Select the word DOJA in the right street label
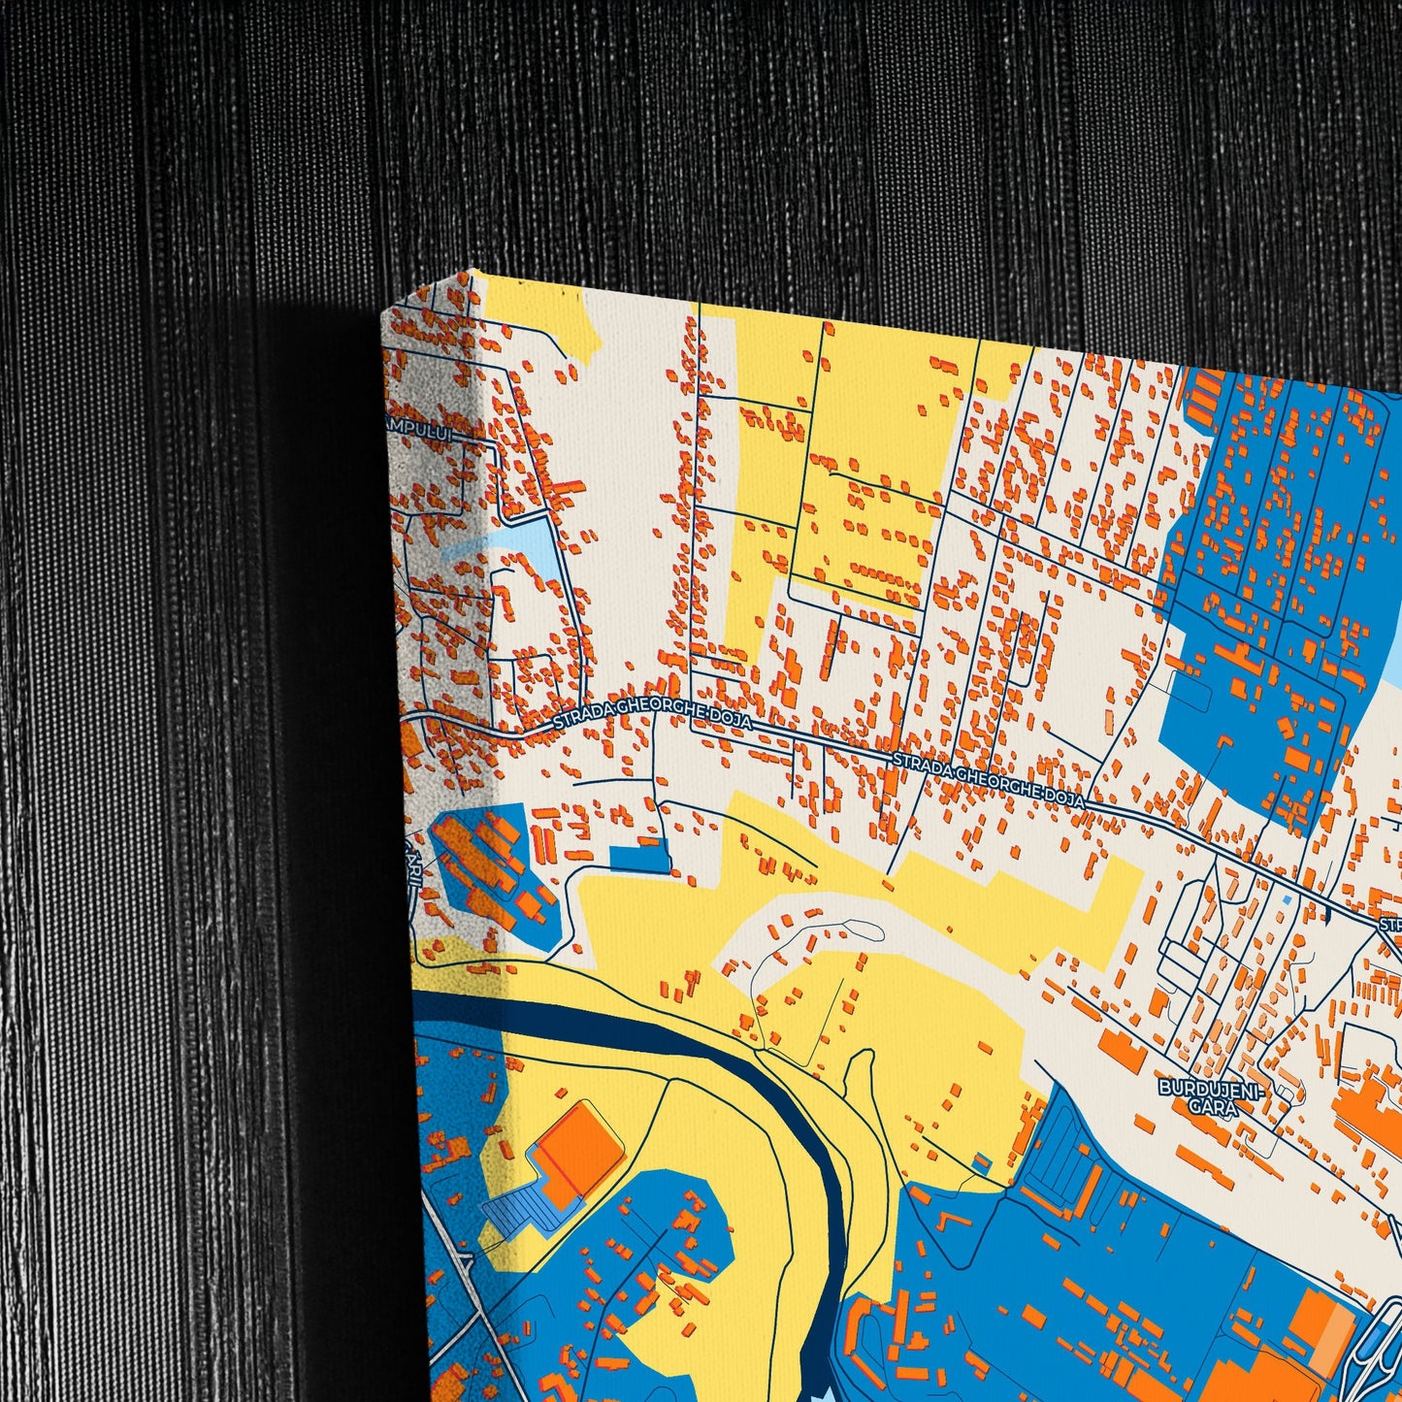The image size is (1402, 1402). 1063,797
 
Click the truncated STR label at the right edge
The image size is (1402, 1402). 1390,924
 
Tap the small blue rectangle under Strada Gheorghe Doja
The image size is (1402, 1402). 639,858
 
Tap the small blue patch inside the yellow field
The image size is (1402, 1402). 982,1161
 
